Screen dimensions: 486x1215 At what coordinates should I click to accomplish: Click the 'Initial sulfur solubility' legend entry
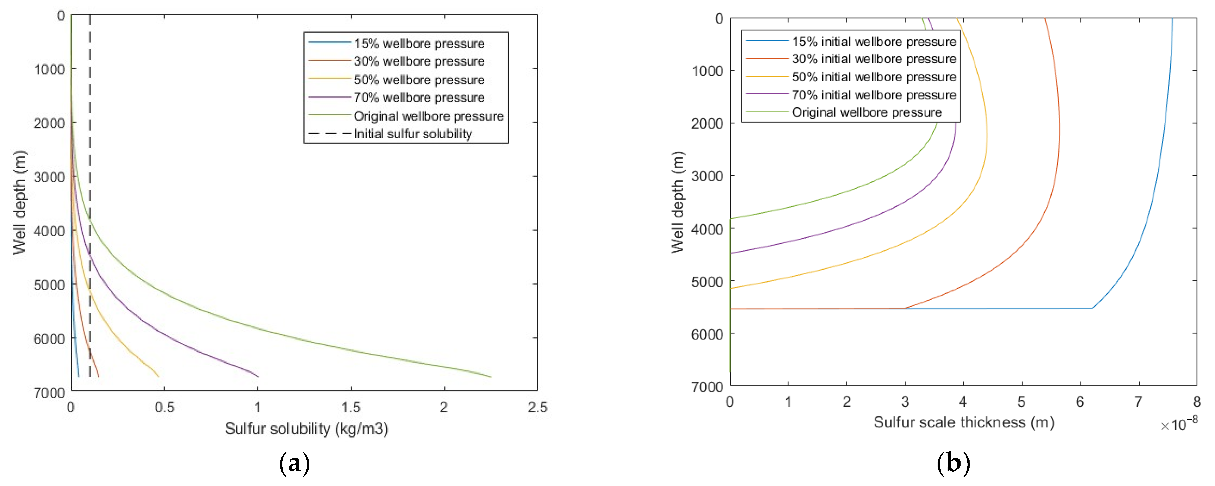pyautogui.click(x=412, y=134)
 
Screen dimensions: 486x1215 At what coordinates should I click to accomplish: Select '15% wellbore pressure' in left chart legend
pyautogui.click(x=419, y=43)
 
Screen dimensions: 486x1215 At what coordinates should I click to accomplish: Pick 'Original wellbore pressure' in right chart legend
pyautogui.click(x=866, y=112)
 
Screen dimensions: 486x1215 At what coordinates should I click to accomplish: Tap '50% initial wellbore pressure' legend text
pyautogui.click(x=873, y=77)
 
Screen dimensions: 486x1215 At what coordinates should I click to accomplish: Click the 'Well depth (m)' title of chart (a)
pyautogui.click(x=19, y=203)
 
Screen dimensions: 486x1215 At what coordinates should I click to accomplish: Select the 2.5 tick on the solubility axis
pyautogui.click(x=537, y=407)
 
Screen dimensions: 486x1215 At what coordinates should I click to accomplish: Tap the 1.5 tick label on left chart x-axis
pyautogui.click(x=350, y=407)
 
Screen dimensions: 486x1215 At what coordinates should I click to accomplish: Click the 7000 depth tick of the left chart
pyautogui.click(x=49, y=393)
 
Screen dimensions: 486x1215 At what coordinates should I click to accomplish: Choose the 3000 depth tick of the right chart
pyautogui.click(x=707, y=176)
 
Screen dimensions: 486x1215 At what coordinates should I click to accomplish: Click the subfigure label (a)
pyautogui.click(x=294, y=463)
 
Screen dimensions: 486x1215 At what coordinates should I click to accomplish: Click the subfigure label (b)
pyautogui.click(x=953, y=463)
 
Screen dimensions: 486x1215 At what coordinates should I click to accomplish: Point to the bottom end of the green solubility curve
pyautogui.click(x=490, y=376)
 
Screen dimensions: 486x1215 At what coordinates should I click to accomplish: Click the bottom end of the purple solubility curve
pyautogui.click(x=258, y=376)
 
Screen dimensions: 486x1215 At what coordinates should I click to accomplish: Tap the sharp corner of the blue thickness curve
pyautogui.click(x=1092, y=308)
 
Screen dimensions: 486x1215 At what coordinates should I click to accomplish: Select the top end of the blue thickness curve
pyautogui.click(x=1173, y=19)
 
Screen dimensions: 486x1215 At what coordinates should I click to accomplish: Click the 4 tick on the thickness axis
pyautogui.click(x=963, y=402)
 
